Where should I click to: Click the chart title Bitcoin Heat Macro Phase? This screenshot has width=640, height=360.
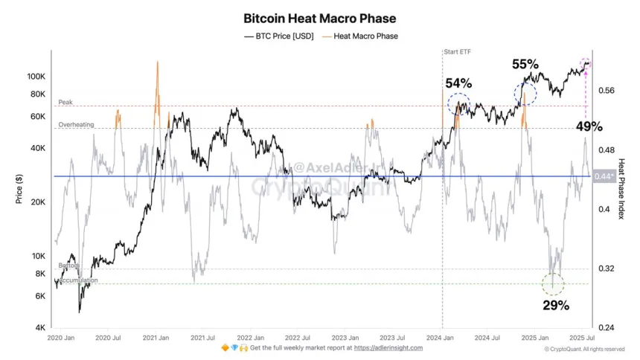tap(319, 18)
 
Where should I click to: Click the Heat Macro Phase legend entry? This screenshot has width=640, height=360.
tap(364, 36)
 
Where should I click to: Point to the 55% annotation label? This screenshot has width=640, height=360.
tap(526, 64)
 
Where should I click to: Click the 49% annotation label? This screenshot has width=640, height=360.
tap(589, 126)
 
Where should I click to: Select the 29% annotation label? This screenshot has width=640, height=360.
tap(555, 305)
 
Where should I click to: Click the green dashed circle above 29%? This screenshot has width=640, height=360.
tap(552, 283)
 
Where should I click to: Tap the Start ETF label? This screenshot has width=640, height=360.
tap(458, 52)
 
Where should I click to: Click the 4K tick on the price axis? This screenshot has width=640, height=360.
tap(40, 327)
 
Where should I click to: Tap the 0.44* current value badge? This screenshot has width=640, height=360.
tap(601, 176)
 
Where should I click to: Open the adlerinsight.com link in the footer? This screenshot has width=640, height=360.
tap(388, 348)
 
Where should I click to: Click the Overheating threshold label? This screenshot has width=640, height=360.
tap(76, 125)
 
